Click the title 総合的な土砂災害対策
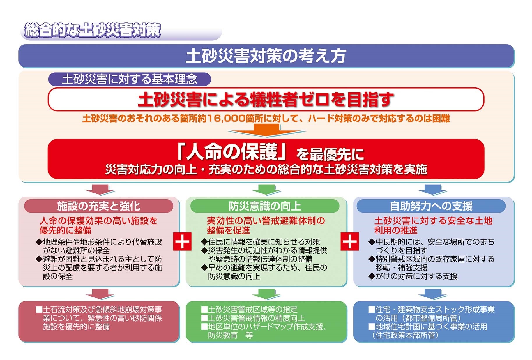(x=93, y=30)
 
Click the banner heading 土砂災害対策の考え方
(x=266, y=56)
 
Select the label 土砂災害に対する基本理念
(x=130, y=79)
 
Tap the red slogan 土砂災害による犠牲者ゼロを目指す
(x=266, y=99)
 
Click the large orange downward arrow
(x=266, y=130)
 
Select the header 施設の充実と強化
(x=99, y=206)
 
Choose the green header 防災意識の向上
(x=265, y=206)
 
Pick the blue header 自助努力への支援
(x=431, y=206)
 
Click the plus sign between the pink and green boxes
(x=182, y=241)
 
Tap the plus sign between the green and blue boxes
(x=350, y=241)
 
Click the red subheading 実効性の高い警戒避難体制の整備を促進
(x=266, y=225)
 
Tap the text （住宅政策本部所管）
(x=405, y=335)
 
